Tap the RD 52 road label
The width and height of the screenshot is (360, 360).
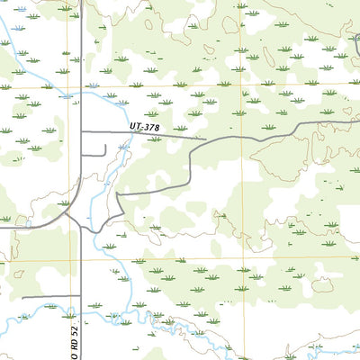pos(76,343)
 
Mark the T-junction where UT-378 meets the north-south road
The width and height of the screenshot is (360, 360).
pos(82,132)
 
